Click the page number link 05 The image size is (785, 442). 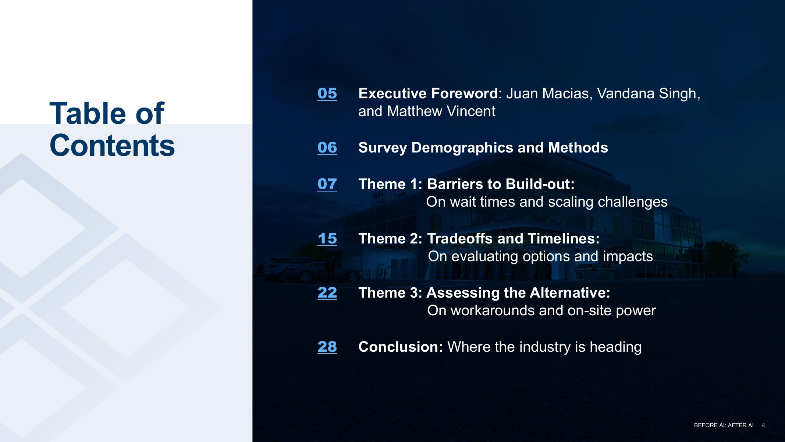coord(327,93)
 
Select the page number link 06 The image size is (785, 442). coord(327,147)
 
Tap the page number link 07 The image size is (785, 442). coord(327,184)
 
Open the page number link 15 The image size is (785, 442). coord(327,238)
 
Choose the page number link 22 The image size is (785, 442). coord(327,292)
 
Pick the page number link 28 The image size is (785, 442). coord(327,347)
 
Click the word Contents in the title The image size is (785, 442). coord(112,145)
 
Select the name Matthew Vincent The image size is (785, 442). coord(441,111)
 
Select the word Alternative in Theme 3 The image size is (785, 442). coord(570,293)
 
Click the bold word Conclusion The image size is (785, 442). coord(401,347)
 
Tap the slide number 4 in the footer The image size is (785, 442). coord(763,425)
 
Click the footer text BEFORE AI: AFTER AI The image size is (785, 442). coord(724,425)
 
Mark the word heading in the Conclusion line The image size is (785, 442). coord(615,347)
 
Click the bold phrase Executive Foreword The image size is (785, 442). coord(428,94)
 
